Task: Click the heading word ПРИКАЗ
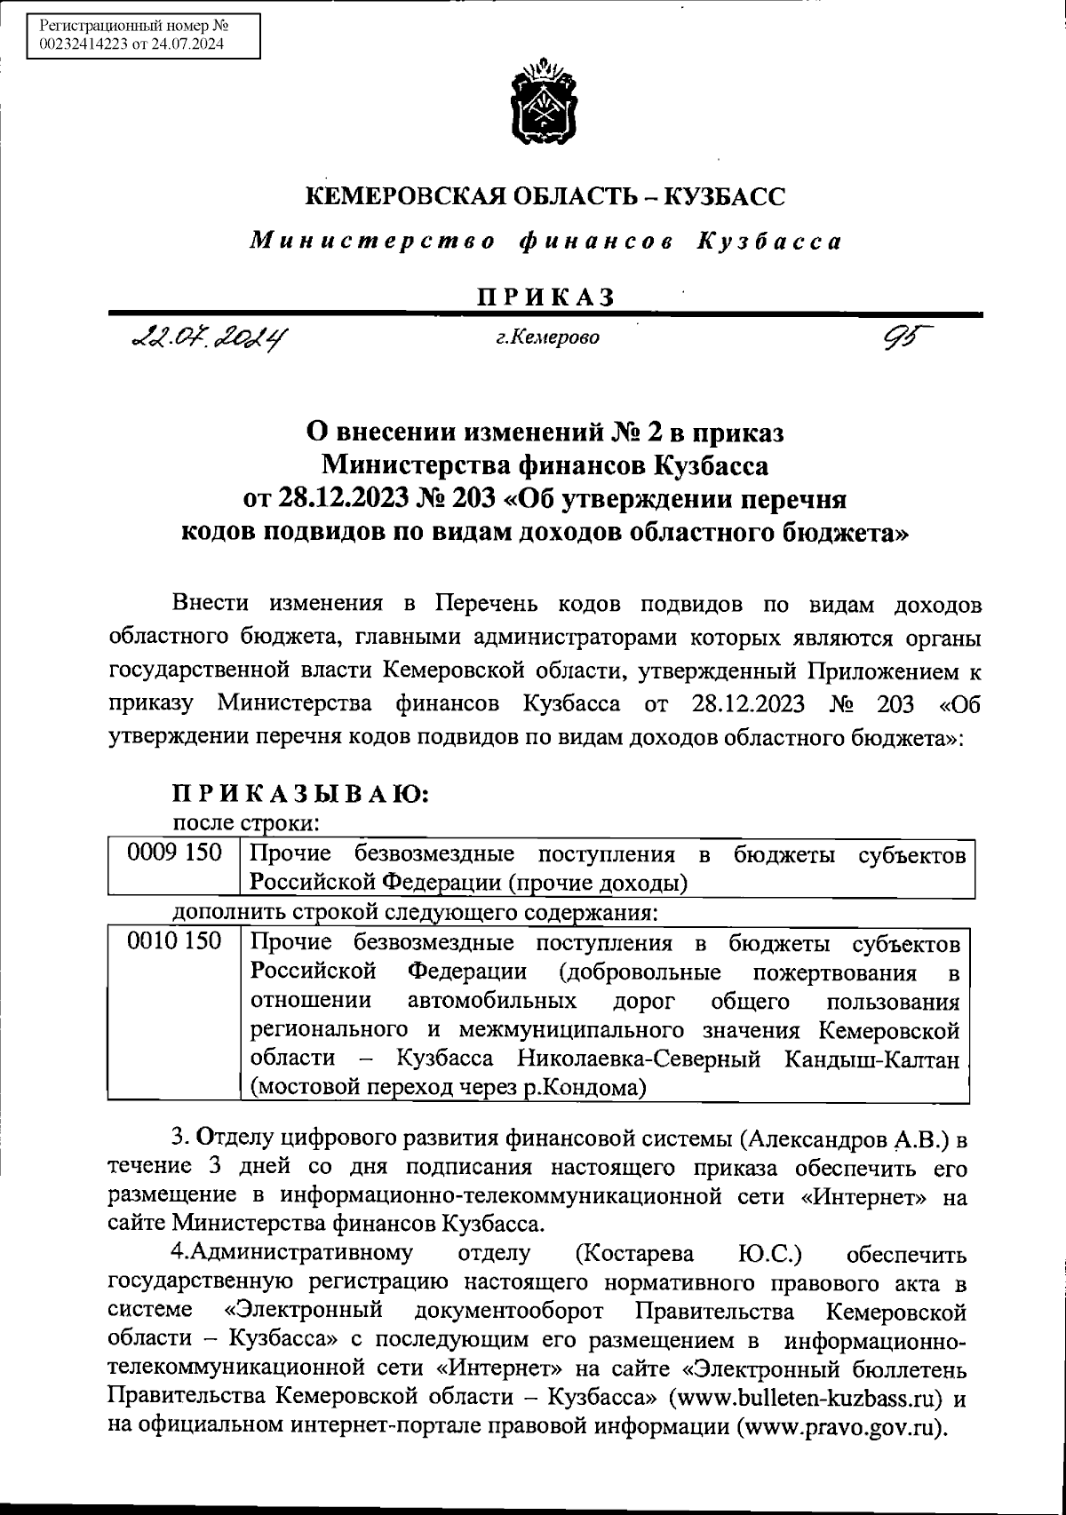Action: tap(545, 297)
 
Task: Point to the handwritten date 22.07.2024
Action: tap(211, 338)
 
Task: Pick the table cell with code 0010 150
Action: tap(174, 940)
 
